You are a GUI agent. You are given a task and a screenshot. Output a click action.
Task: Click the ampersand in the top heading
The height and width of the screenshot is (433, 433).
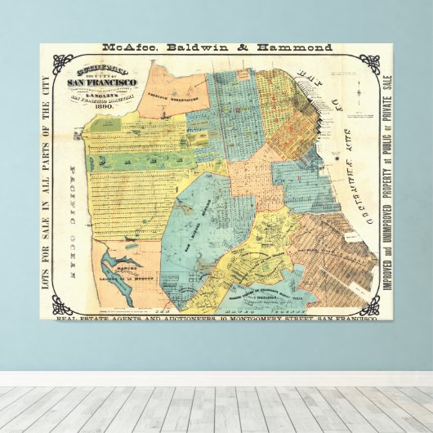click(x=241, y=47)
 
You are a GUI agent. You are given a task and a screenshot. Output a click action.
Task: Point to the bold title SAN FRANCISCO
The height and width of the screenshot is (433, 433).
click(x=102, y=84)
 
